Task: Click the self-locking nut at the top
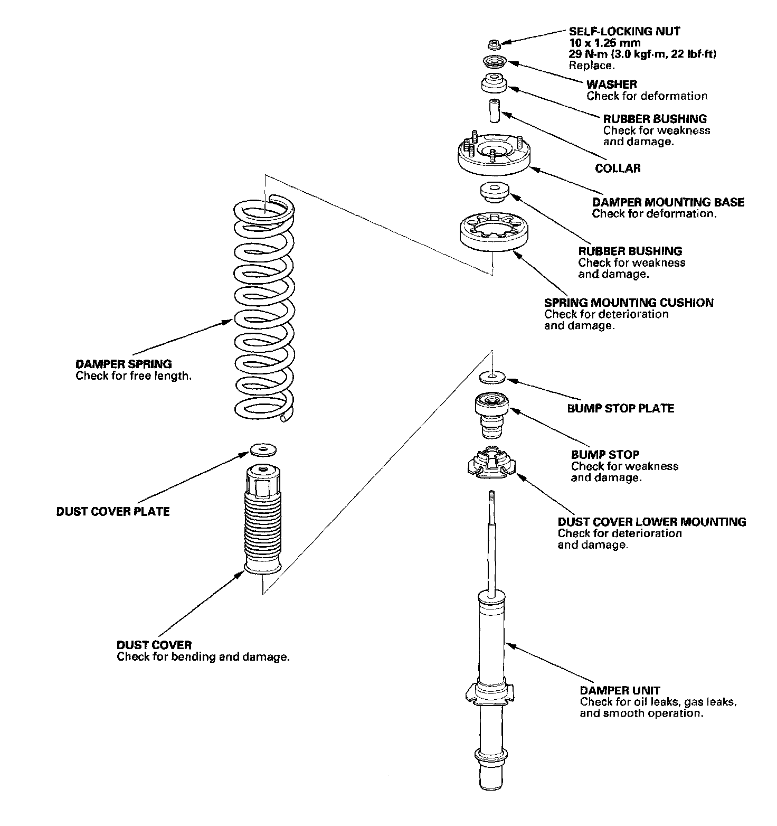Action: click(x=493, y=43)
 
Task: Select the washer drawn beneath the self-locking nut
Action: click(x=494, y=62)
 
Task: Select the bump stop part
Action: click(x=492, y=416)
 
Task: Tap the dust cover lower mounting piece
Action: click(x=491, y=463)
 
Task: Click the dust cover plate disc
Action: click(x=263, y=450)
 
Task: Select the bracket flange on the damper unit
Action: click(x=489, y=694)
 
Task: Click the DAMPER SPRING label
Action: click(x=124, y=364)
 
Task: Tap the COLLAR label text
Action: click(x=618, y=168)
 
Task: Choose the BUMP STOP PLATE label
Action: click(x=620, y=408)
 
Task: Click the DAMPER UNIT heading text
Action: click(x=620, y=690)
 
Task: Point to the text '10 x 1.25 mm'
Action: click(x=604, y=43)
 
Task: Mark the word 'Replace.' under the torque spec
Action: click(x=592, y=66)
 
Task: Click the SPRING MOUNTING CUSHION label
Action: click(x=629, y=303)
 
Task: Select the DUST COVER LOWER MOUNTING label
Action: click(x=651, y=522)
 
